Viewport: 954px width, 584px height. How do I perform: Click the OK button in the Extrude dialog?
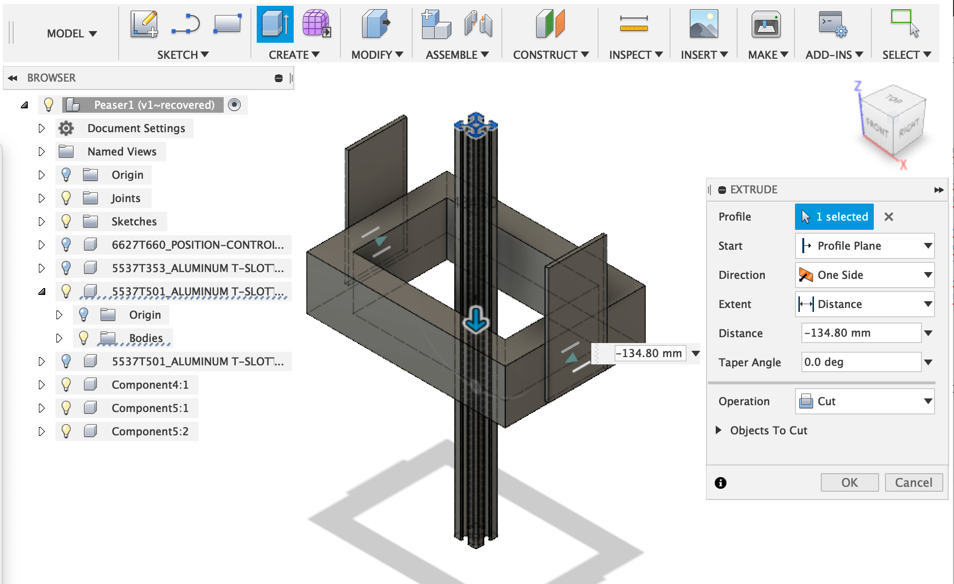click(x=849, y=482)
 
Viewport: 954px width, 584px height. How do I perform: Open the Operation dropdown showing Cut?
click(x=865, y=401)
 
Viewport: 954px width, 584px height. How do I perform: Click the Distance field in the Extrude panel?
click(x=861, y=333)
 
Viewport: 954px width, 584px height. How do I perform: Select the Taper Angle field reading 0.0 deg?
click(x=861, y=362)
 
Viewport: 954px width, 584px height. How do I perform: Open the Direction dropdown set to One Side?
click(x=865, y=275)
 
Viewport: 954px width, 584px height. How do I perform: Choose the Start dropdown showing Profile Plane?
click(x=865, y=246)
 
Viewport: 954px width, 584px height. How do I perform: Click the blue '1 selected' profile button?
click(x=834, y=217)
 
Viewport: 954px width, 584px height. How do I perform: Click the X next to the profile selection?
click(x=889, y=217)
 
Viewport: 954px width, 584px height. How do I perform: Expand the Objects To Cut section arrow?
click(x=718, y=430)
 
